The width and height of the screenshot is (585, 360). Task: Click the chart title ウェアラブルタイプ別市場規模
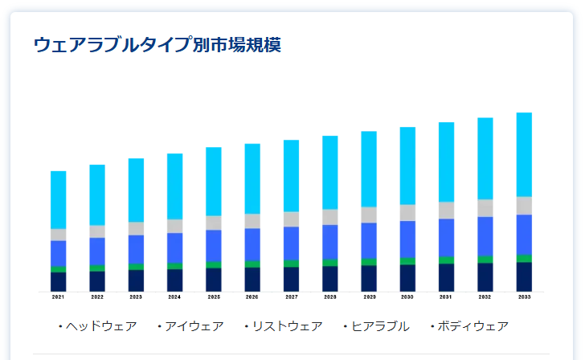coord(157,45)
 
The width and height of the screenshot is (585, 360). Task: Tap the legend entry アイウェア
coord(194,326)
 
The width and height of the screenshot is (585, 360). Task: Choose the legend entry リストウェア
coord(287,326)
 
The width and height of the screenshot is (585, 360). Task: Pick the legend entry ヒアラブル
coord(379,326)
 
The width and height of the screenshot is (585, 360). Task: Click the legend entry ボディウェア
coord(472,326)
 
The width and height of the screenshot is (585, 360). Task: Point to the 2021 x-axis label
coord(58,297)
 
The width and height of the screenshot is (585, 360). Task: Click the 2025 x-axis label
coord(214,297)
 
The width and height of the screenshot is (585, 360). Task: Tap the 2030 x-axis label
coord(407,297)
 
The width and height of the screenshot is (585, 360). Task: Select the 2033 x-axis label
coord(524,297)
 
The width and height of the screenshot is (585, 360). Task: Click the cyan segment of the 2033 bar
coord(524,154)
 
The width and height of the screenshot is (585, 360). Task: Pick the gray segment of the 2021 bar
coord(58,235)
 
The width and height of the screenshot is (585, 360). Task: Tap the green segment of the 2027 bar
coord(291,264)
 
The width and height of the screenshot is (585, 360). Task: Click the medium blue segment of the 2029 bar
coord(369,240)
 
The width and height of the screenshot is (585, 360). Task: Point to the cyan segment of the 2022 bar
coord(97,194)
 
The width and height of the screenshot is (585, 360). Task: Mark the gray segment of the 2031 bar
coord(446,210)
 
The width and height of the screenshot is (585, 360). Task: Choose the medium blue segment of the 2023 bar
coord(136,249)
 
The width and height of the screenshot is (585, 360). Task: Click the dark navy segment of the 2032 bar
coord(485,276)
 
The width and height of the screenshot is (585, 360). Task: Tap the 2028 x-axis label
coord(329,297)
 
